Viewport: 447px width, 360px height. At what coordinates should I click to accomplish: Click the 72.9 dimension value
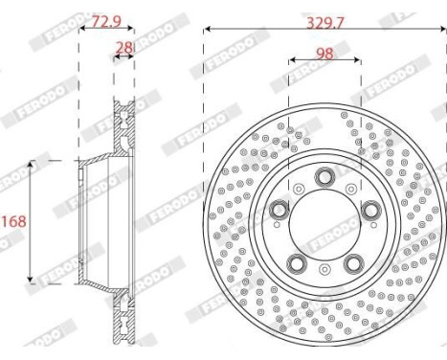pos(107,22)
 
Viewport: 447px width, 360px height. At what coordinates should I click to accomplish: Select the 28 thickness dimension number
pos(123,48)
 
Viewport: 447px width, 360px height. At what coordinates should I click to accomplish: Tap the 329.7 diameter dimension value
pos(325,23)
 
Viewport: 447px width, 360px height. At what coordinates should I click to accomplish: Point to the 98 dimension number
pos(324,54)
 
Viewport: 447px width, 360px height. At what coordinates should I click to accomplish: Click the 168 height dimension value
pos(13,221)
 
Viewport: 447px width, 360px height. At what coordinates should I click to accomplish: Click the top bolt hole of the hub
pos(324,176)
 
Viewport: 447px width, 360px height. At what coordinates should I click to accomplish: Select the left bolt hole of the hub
pos(279,210)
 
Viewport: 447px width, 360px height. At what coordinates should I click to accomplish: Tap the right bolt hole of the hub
pos(371,210)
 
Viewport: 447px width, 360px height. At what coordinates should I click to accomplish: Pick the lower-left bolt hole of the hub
pos(297,263)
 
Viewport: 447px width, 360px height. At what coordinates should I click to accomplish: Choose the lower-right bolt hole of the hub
pos(354,263)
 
